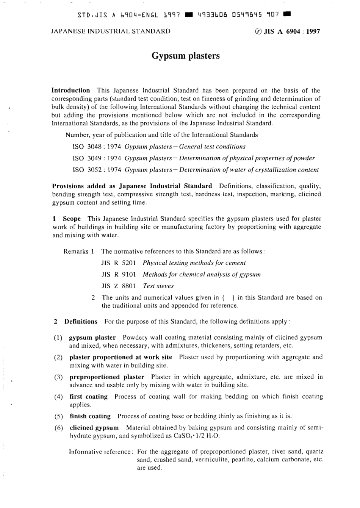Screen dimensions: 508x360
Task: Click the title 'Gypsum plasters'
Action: point(185,56)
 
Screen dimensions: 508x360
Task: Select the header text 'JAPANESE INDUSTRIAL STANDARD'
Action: point(110,31)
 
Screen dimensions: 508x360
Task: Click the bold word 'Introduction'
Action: point(70,91)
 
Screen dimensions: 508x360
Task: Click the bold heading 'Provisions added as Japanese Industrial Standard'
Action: point(132,186)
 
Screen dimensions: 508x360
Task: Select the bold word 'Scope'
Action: point(72,219)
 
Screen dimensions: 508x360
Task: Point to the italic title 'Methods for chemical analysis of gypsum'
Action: point(202,274)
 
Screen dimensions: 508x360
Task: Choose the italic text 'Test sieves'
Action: point(158,286)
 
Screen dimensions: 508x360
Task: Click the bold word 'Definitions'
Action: point(81,322)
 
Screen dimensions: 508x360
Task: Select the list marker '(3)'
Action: point(58,377)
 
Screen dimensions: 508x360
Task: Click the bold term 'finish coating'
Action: point(90,416)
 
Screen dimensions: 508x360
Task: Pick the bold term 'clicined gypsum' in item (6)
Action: point(94,428)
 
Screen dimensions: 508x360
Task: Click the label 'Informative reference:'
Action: point(101,452)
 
